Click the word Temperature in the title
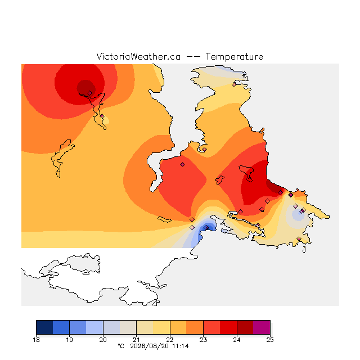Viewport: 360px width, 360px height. pyautogui.click(x=234, y=56)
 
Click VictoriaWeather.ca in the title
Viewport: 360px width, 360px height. pyautogui.click(x=138, y=56)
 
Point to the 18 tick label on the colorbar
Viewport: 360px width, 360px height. pyautogui.click(x=36, y=340)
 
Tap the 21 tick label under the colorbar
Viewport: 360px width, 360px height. pyautogui.click(x=136, y=340)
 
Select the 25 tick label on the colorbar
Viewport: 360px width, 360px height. pyautogui.click(x=270, y=340)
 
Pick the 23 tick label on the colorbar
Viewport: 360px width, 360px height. pyautogui.click(x=203, y=340)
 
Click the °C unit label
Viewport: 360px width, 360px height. pyautogui.click(x=121, y=346)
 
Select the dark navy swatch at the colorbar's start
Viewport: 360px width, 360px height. pyautogui.click(x=44, y=327)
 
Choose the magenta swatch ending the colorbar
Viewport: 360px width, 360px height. pyautogui.click(x=262, y=327)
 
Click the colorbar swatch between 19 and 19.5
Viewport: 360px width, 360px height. pyautogui.click(x=78, y=327)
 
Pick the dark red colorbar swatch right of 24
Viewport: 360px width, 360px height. pyautogui.click(x=245, y=327)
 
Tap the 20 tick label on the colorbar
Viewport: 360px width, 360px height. pyautogui.click(x=103, y=340)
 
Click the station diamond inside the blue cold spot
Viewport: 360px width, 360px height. pyautogui.click(x=206, y=227)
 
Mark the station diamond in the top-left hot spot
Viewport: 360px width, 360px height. pyautogui.click(x=90, y=93)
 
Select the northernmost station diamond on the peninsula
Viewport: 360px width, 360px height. pyautogui.click(x=234, y=85)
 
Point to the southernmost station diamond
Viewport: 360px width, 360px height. pyautogui.click(x=299, y=238)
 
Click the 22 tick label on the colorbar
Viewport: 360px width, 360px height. pyautogui.click(x=170, y=340)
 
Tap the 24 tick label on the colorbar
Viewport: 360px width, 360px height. pyautogui.click(x=237, y=340)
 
